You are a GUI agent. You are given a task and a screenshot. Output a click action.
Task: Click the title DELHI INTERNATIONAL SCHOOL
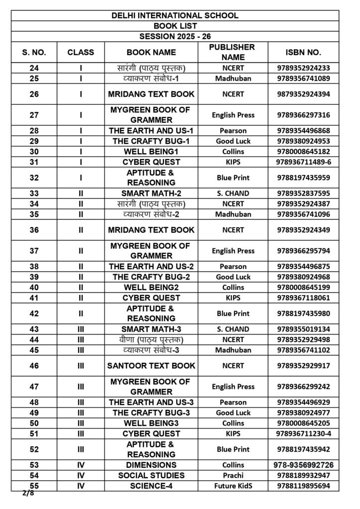pos(175,15)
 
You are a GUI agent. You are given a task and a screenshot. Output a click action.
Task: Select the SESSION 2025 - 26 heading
pos(175,36)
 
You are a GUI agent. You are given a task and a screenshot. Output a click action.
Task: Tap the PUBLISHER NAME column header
pos(231,52)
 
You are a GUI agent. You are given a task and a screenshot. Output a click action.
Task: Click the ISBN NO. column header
pos(303,52)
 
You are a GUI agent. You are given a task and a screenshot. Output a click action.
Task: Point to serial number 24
pos(34,68)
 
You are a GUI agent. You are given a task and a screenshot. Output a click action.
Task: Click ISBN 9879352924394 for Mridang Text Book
pos(303,94)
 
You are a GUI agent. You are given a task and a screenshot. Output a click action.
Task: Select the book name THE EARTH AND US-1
pos(151,131)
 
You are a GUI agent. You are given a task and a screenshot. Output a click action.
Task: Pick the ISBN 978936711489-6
pos(303,162)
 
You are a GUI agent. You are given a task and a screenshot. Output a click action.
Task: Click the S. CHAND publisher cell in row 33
pos(231,193)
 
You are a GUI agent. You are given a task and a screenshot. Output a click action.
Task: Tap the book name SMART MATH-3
pos(151,329)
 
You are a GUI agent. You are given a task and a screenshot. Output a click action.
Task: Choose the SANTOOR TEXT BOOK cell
pos(151,365)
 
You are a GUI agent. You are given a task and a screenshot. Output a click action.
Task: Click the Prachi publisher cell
pos(231,475)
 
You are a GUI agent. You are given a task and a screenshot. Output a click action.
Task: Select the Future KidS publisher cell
pos(231,486)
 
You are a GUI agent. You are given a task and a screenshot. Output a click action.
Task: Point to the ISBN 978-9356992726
pos(303,465)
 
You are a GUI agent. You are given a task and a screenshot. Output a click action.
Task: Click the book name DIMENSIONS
pos(151,465)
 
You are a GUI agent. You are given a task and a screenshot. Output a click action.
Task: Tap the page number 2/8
pos(28,494)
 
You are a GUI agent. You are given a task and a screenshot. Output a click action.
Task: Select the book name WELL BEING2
pos(151,287)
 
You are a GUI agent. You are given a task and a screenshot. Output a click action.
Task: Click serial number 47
pos(34,387)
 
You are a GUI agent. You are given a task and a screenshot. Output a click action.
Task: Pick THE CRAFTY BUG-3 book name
pos(151,413)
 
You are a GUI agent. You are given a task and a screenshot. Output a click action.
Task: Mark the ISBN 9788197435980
pos(303,313)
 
